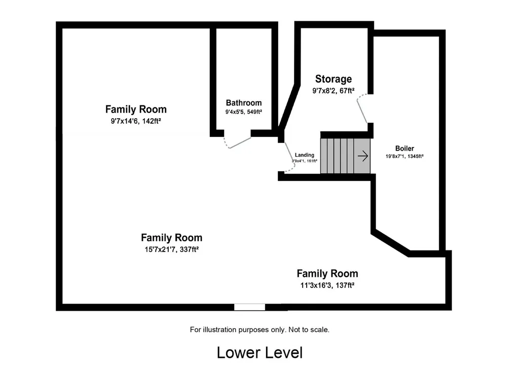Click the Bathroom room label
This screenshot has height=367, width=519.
(x=244, y=103)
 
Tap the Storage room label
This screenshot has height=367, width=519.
(x=333, y=79)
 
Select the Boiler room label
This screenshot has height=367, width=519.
(x=404, y=148)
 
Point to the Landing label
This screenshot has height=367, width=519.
(x=305, y=155)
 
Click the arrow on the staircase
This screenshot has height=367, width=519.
(x=363, y=156)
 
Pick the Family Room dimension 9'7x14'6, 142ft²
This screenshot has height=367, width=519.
(x=136, y=121)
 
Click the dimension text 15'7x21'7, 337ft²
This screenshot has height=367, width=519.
(x=171, y=249)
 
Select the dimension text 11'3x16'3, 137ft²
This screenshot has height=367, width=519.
(x=327, y=285)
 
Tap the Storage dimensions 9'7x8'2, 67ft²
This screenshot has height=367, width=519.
(x=333, y=91)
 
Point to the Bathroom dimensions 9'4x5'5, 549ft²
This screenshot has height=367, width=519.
(x=244, y=112)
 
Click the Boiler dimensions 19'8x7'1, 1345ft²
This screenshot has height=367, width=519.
(x=404, y=156)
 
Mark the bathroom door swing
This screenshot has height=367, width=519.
(x=237, y=141)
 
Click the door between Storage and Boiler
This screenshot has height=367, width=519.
(x=362, y=108)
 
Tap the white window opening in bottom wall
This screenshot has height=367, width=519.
(x=249, y=307)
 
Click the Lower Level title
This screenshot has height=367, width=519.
(x=260, y=353)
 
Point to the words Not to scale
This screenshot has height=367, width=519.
(x=309, y=329)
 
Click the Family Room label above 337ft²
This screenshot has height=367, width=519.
(x=171, y=238)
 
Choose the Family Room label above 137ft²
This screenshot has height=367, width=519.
(x=327, y=273)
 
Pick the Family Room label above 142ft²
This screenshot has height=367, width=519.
(x=136, y=109)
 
